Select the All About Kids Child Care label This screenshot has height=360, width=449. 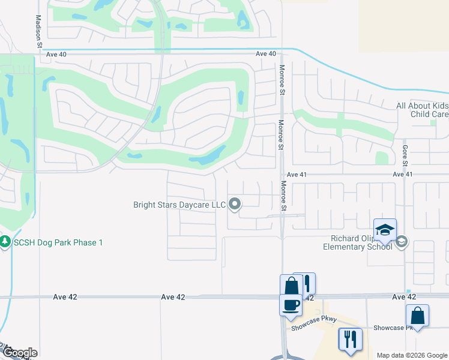[x=422, y=110]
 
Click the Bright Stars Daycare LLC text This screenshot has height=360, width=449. [x=179, y=205]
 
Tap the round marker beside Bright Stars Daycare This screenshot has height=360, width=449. [x=235, y=205]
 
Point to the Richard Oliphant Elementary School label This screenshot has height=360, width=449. [x=357, y=242]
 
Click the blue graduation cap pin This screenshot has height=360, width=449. [x=384, y=230]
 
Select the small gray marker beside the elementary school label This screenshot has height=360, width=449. [x=401, y=242]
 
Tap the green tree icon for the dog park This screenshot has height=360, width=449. [x=6, y=242]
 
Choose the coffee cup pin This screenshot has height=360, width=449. [x=291, y=304]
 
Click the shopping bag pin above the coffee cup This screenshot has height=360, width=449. [x=291, y=284]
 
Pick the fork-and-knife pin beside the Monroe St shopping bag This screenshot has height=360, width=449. [x=306, y=283]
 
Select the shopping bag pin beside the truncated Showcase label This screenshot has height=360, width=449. [x=417, y=316]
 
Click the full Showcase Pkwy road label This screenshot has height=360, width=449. [x=311, y=328]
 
